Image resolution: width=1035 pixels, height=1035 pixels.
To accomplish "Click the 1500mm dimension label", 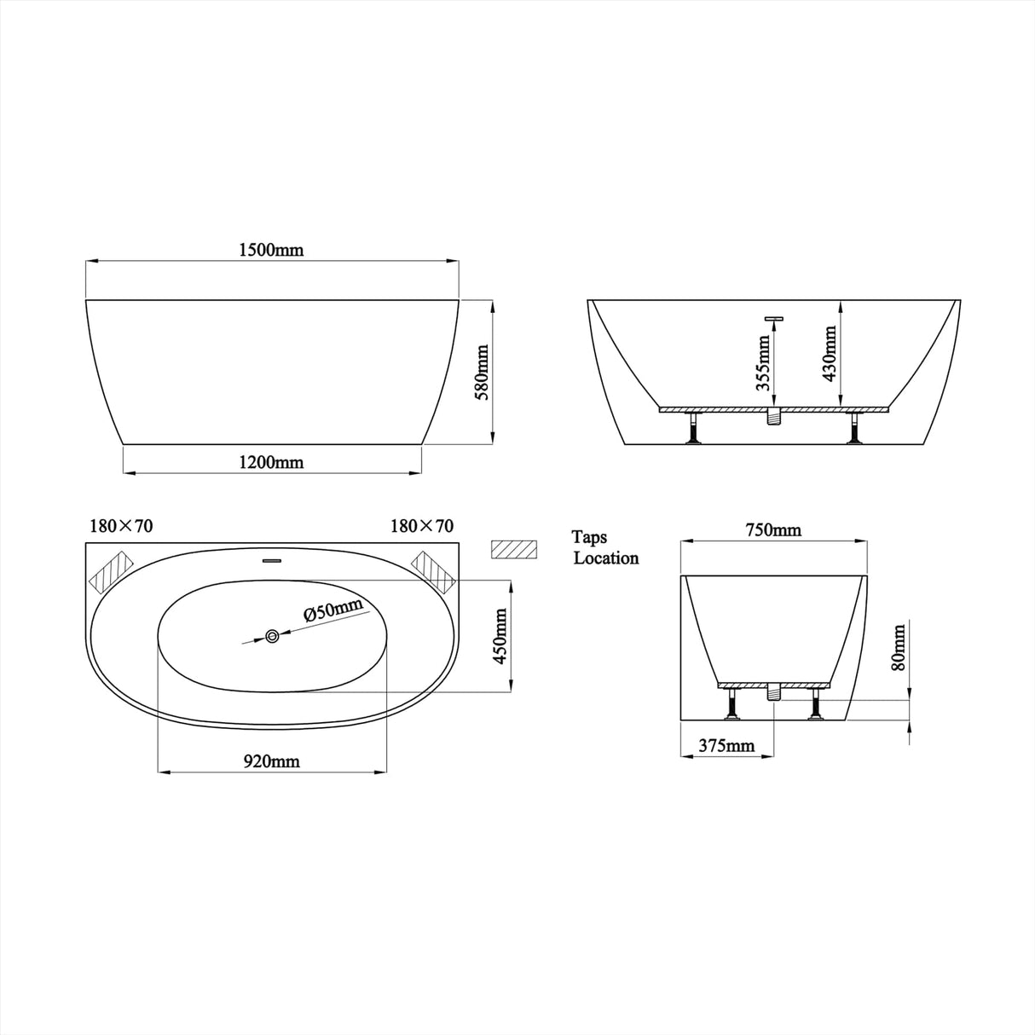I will point(271,250).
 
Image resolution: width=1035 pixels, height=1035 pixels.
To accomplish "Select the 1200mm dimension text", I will point(271,463).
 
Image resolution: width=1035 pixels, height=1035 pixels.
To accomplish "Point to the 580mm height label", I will point(483,373).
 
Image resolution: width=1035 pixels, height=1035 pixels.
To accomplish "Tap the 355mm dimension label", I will point(763,361).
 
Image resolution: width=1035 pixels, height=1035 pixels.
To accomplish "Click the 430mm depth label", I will point(829,354).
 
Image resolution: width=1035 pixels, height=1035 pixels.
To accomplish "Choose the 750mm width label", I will point(773,530).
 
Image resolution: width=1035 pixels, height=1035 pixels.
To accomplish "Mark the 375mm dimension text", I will point(726,746).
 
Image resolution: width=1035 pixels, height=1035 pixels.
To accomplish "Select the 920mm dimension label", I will point(272,762).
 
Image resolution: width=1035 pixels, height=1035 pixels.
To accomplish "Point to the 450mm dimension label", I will point(500,636).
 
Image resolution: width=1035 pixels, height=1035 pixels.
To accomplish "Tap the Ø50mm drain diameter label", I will point(332,611).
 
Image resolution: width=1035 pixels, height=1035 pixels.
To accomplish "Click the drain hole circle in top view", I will point(272,636).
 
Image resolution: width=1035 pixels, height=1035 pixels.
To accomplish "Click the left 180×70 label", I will point(121,526).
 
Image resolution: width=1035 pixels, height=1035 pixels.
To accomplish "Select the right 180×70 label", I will point(421,526).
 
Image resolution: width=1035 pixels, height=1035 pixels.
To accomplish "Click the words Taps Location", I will point(605,548).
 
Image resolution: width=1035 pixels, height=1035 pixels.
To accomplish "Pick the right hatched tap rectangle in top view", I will point(433,570).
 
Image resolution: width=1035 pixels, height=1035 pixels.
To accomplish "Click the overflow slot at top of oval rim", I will point(272,560).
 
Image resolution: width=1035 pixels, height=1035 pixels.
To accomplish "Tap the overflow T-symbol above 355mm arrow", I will point(774,319).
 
